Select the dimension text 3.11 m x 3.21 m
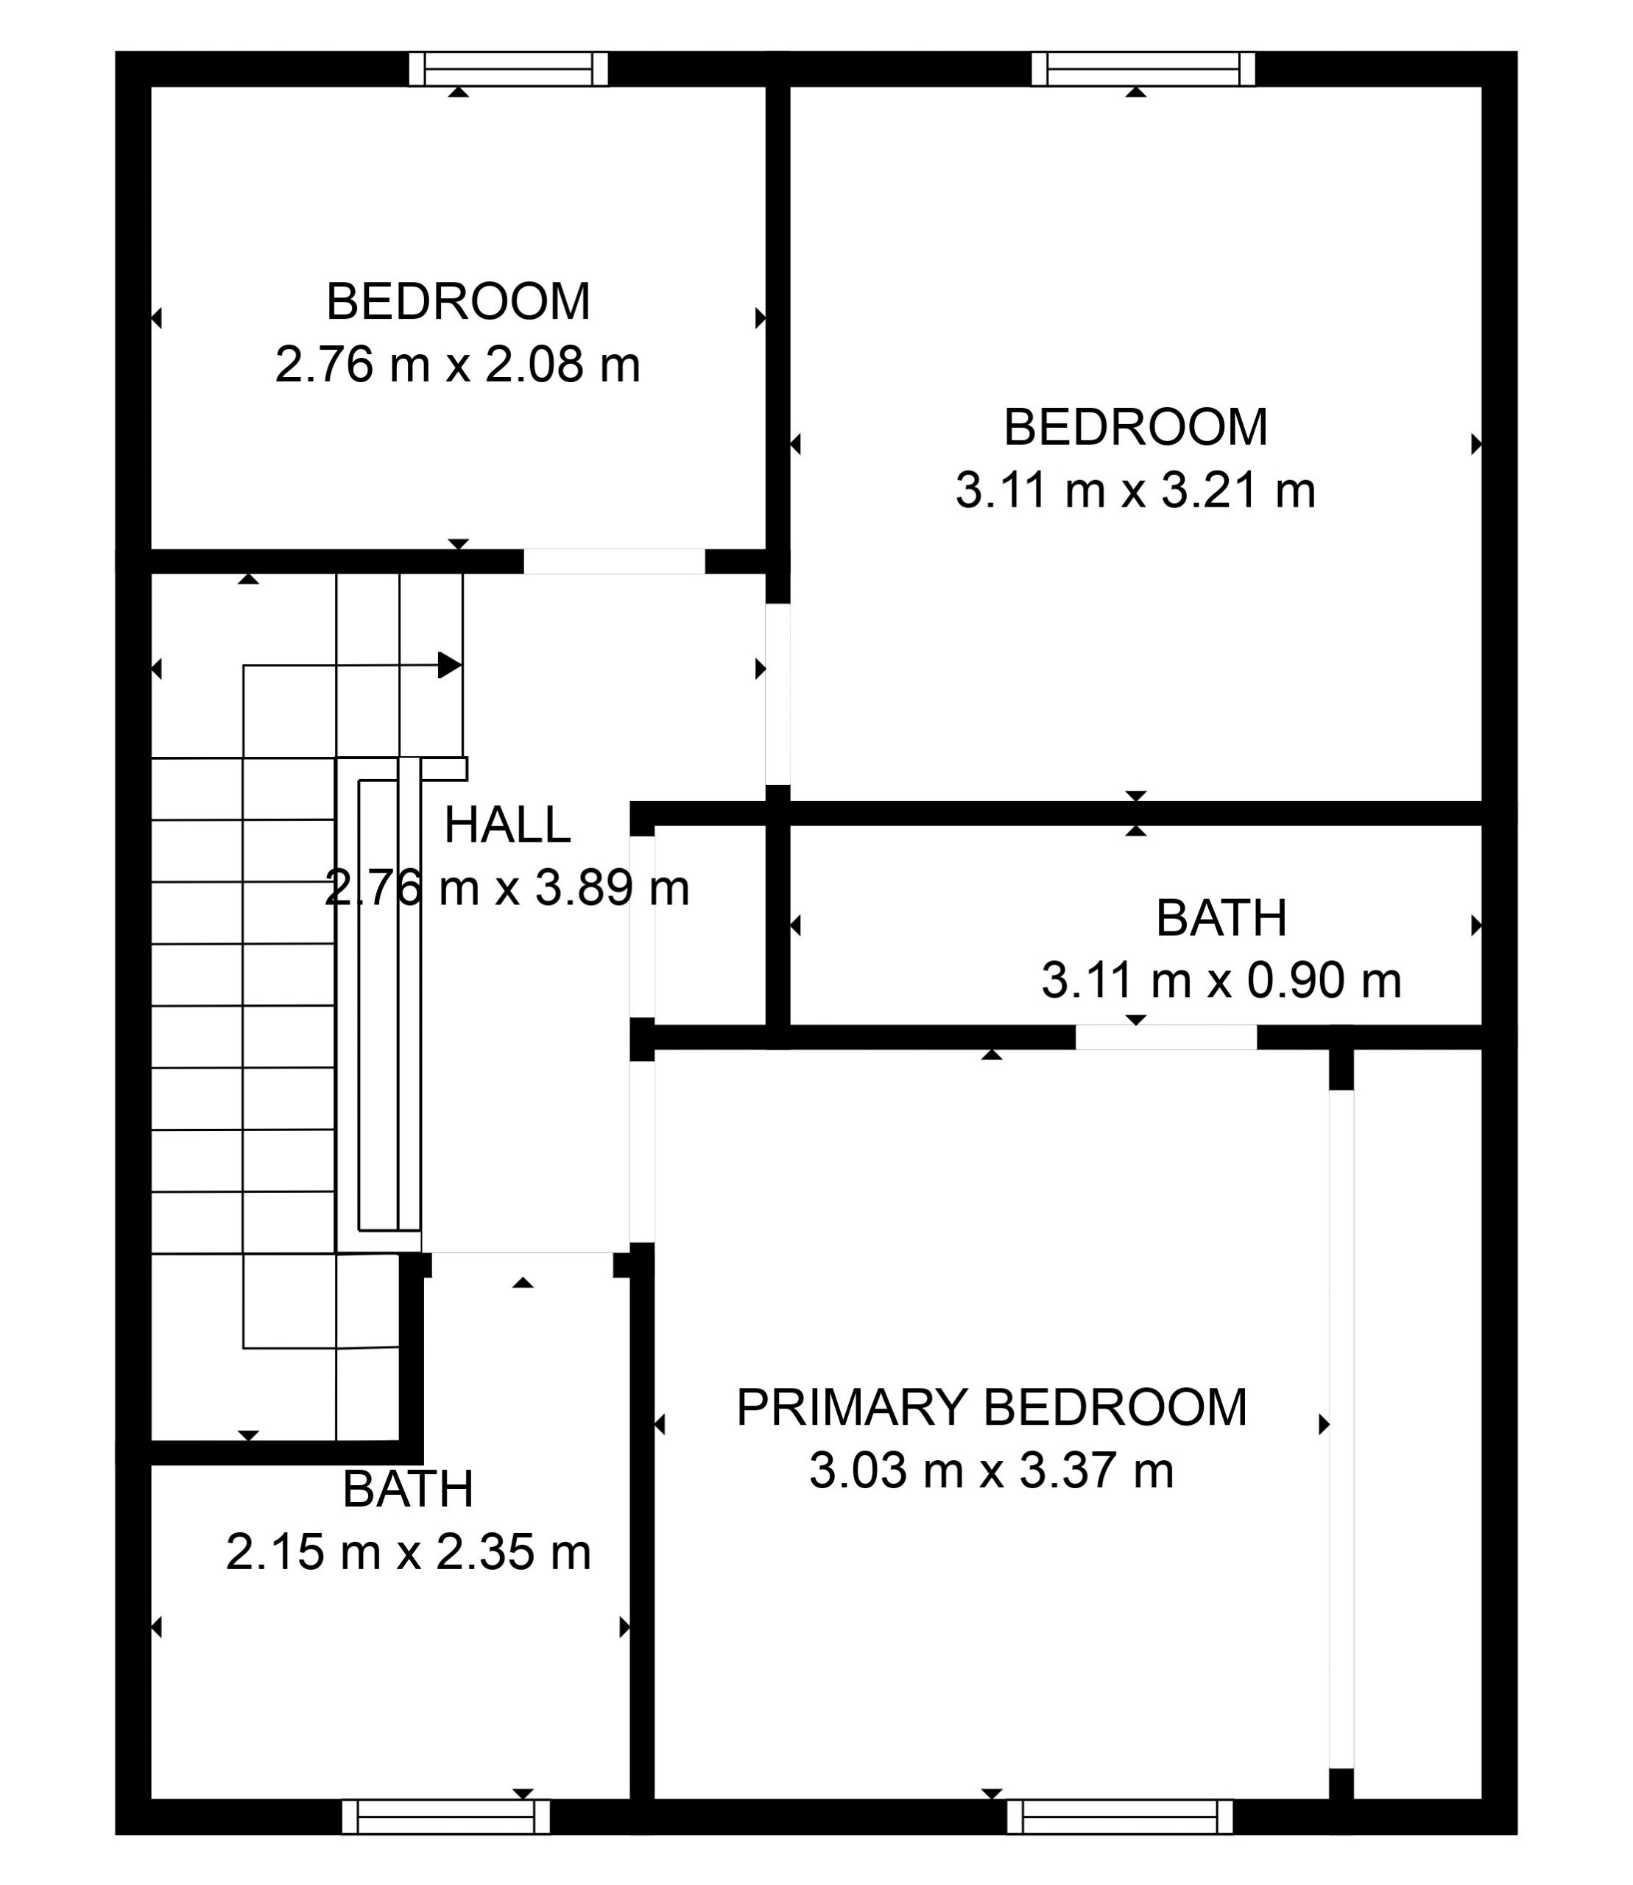[x=1135, y=490]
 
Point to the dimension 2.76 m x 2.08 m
[x=457, y=364]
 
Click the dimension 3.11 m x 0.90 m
[x=1221, y=981]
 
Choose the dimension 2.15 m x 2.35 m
[x=408, y=1551]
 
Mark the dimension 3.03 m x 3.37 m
[x=992, y=1470]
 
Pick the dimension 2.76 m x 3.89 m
[x=507, y=888]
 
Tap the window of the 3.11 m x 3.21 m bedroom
[x=1143, y=69]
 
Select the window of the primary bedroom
[x=1120, y=1817]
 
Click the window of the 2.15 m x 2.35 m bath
[x=446, y=1817]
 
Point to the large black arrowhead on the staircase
[x=449, y=666]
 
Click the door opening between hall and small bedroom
[x=614, y=562]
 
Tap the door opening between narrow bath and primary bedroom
[x=1166, y=1037]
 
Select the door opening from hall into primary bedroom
[x=643, y=1152]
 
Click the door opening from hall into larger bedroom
[x=777, y=694]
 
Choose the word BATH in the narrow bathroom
[x=1221, y=918]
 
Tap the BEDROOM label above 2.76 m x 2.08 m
[x=457, y=302]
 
